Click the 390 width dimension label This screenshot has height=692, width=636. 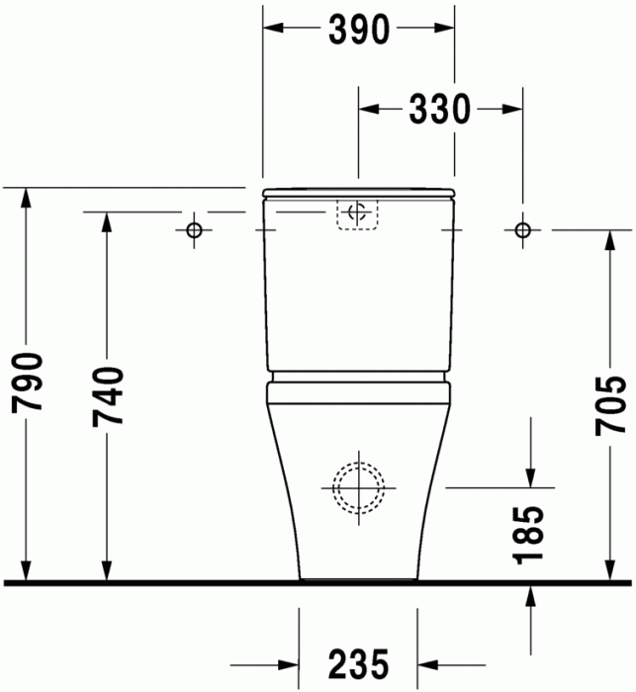tap(359, 32)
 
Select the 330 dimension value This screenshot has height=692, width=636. tap(440, 109)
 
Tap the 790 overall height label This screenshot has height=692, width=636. tap(28, 386)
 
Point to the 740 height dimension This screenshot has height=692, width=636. tap(107, 395)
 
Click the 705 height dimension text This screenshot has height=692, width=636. tap(615, 405)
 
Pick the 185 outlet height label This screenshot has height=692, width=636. tap(530, 535)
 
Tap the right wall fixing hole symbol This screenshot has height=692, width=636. tap(522, 230)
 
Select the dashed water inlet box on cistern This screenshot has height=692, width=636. tap(359, 214)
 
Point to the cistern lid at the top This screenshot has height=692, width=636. tap(359, 192)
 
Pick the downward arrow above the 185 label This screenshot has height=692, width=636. tap(532, 476)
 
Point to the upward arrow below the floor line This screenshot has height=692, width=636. tap(532, 596)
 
